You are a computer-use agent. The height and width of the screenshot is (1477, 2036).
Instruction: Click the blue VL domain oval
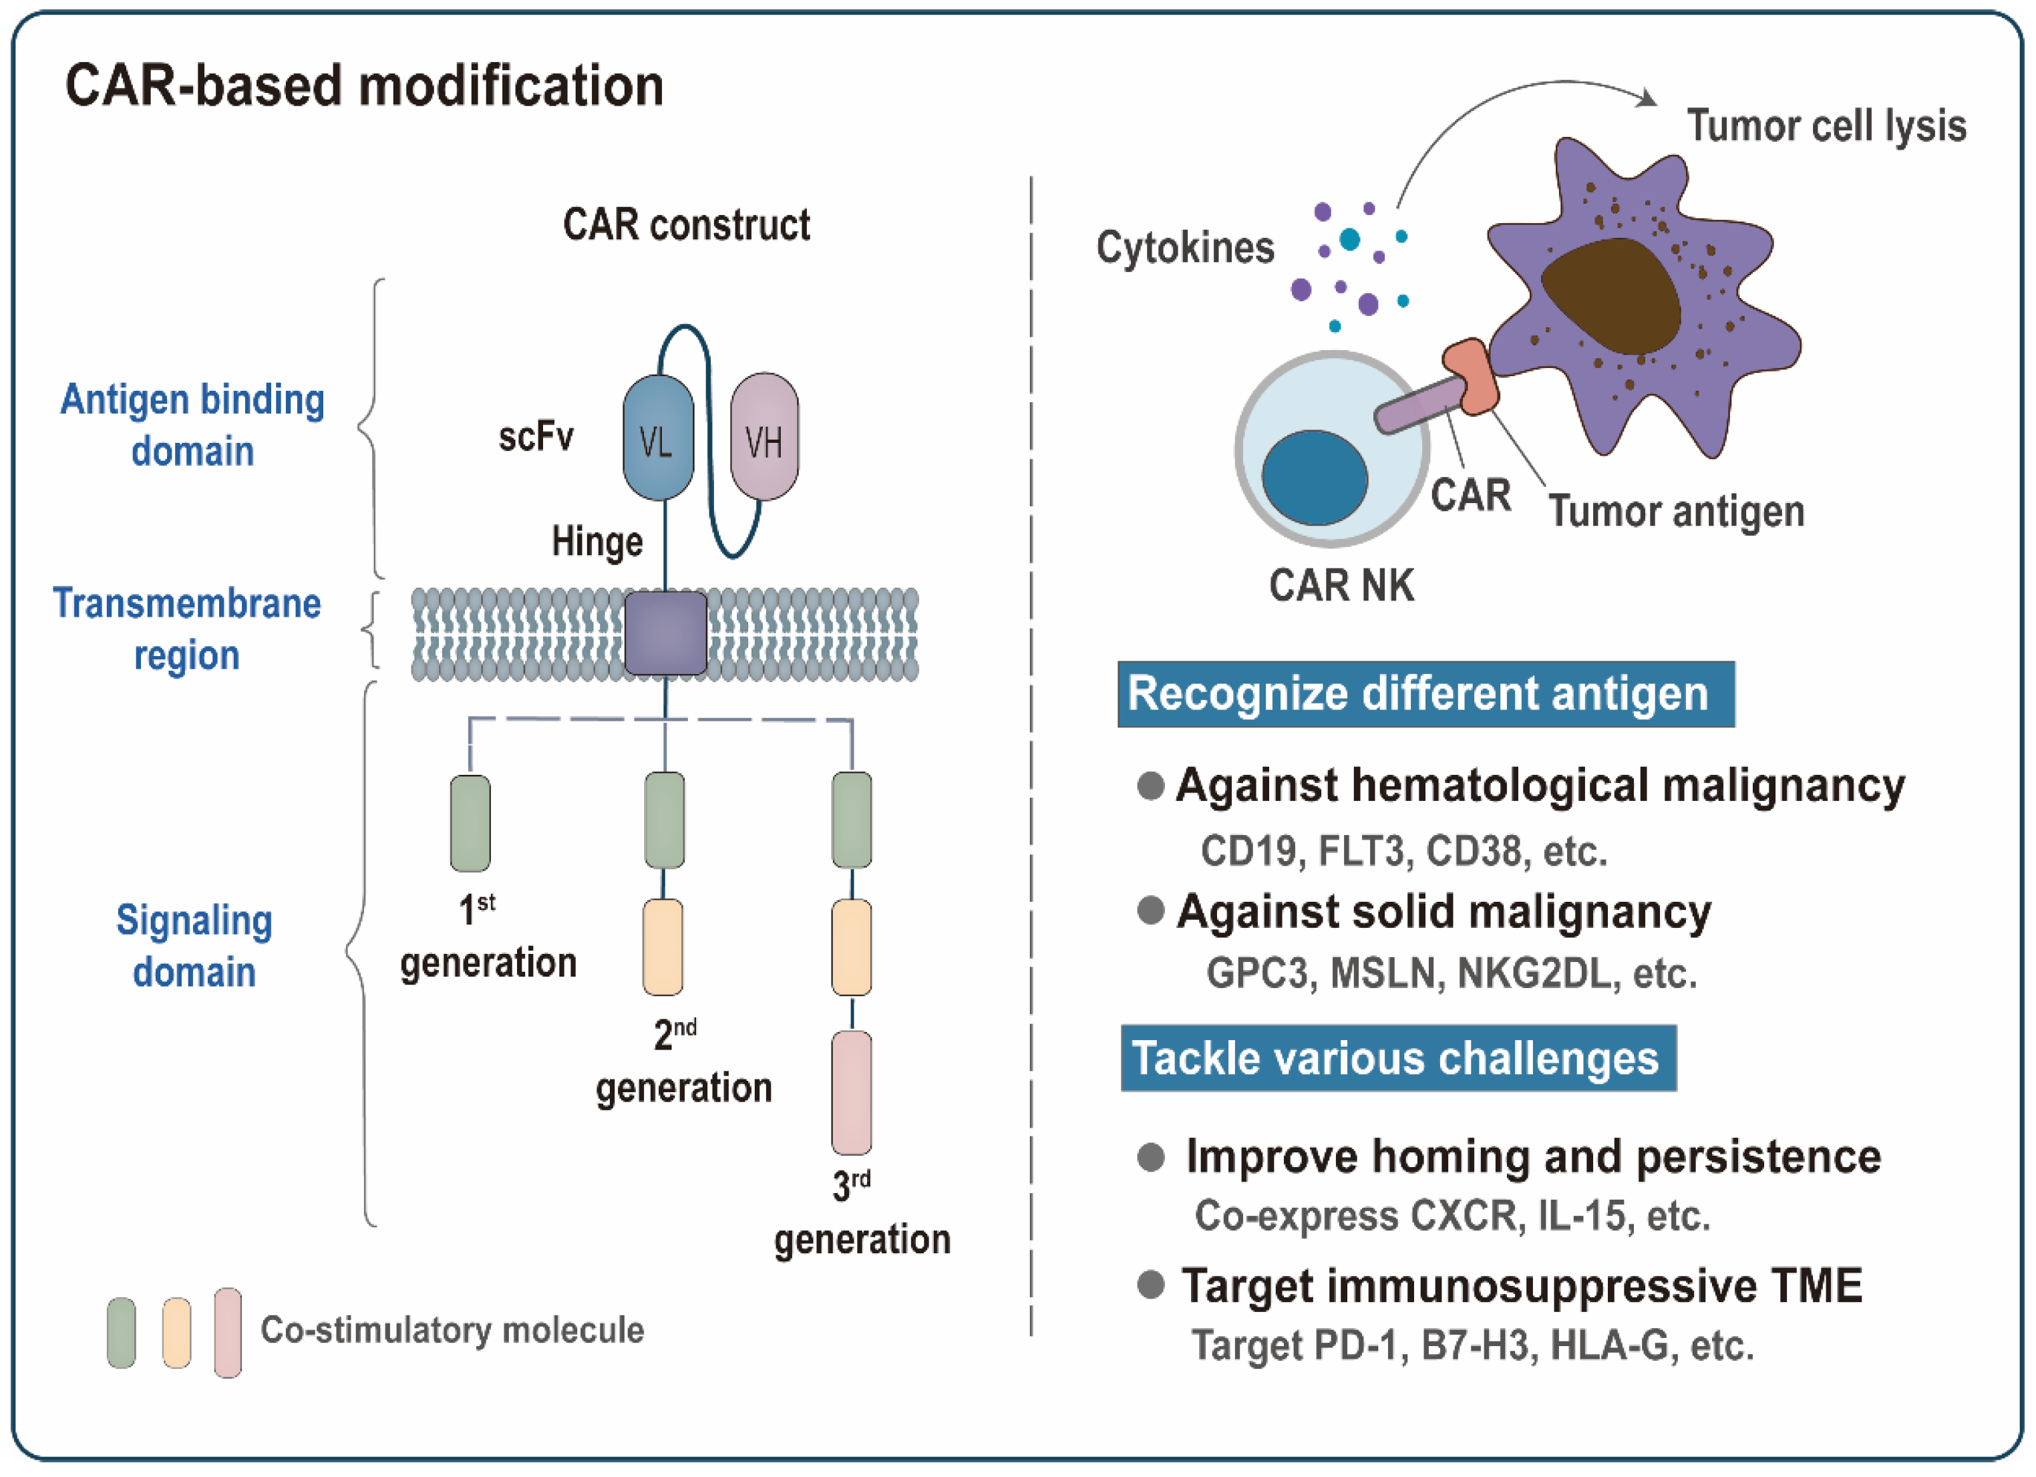pos(658,438)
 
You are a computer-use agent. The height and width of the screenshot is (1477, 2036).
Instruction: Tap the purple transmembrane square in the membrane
pos(665,633)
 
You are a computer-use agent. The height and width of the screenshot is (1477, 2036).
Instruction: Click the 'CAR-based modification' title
pos(365,86)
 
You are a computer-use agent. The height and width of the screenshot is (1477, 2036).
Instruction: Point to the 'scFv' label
pos(536,438)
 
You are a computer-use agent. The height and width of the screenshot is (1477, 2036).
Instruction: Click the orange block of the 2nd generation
pos(663,947)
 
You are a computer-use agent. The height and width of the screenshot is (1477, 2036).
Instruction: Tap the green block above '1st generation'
pos(470,824)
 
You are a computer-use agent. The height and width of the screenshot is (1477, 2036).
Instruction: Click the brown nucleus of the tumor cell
pos(1611,297)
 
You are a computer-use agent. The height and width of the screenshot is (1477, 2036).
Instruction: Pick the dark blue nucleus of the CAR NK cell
pos(1314,478)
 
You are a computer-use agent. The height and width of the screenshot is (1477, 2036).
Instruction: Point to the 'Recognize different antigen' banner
pos(1425,694)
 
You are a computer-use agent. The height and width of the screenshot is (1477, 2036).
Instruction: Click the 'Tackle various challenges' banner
pos(1399,1057)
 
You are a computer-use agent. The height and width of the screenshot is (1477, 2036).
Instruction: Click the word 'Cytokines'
pos(1185,247)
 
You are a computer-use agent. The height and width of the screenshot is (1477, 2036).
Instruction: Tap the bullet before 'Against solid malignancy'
pos(1150,911)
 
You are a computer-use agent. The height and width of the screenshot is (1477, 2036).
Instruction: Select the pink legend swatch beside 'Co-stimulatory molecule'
pos(228,1333)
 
